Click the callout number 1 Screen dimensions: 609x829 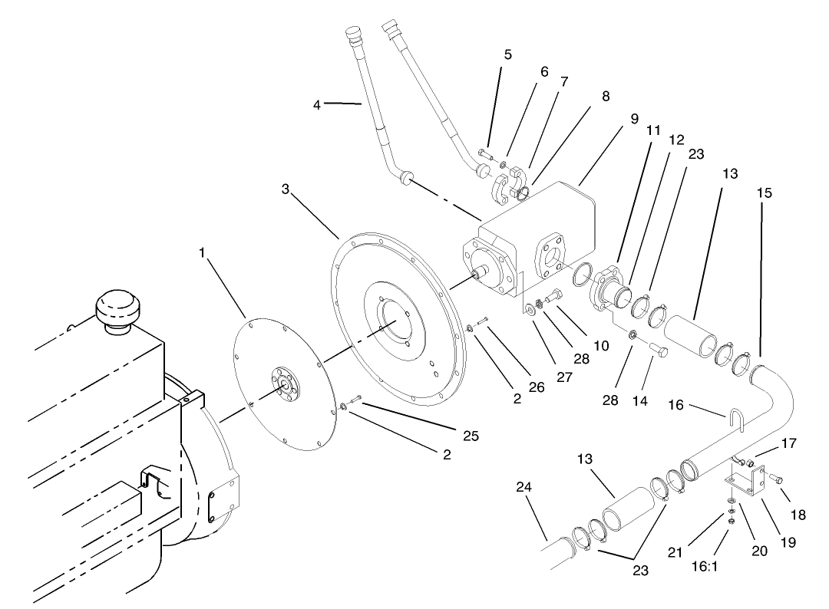[203, 252]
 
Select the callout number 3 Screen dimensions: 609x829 [286, 189]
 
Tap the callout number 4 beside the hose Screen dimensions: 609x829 [316, 105]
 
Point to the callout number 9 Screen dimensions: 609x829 [634, 120]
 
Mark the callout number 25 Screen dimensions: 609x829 [471, 436]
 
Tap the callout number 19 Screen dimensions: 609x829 [788, 542]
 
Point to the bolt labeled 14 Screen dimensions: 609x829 [658, 351]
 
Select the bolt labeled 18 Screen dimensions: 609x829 [775, 479]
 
